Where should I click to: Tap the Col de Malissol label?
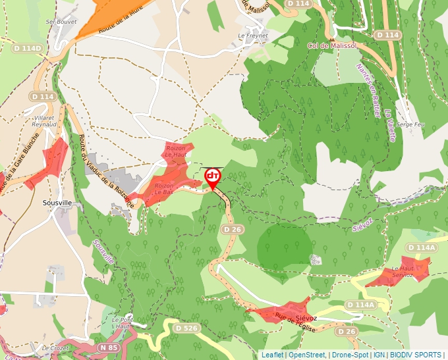point(332,45)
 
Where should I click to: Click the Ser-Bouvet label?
point(58,22)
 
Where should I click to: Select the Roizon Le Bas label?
point(163,190)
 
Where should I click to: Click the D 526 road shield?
point(186,328)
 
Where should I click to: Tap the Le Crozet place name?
point(55,347)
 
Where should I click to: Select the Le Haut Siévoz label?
point(403,272)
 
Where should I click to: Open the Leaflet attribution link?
point(272,355)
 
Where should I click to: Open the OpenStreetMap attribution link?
point(307,355)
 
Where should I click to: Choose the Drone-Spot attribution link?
point(350,355)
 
